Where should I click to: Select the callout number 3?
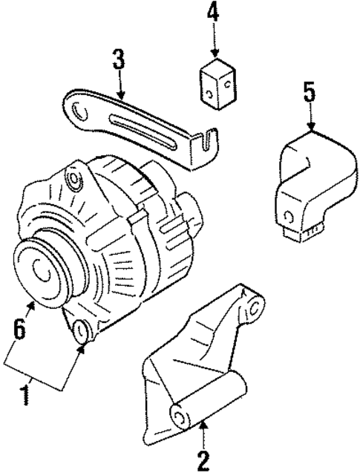pyautogui.click(x=118, y=60)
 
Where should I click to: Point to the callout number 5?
pyautogui.click(x=310, y=94)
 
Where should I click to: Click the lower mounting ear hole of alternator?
pyautogui.click(x=82, y=330)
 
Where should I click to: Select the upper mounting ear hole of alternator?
pyautogui.click(x=73, y=180)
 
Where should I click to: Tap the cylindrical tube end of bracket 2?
pyautogui.click(x=177, y=414)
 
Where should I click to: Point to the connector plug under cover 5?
pyautogui.click(x=304, y=229)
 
